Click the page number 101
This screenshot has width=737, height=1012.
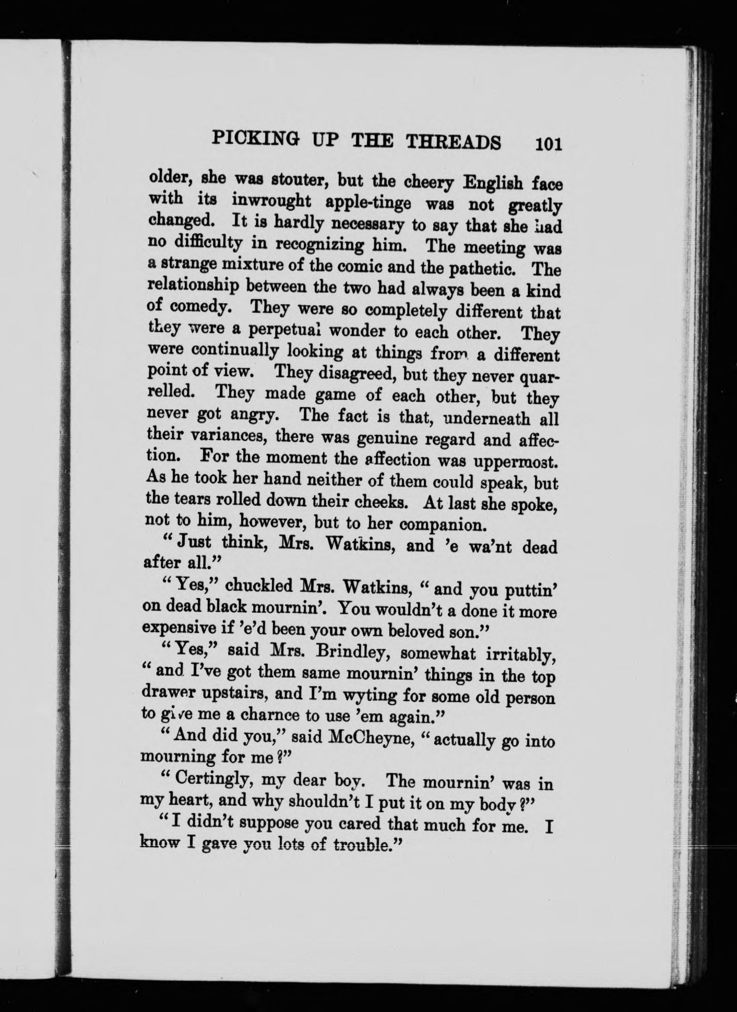[547, 144]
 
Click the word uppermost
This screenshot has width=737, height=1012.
[515, 462]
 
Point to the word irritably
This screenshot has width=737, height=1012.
[519, 655]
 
